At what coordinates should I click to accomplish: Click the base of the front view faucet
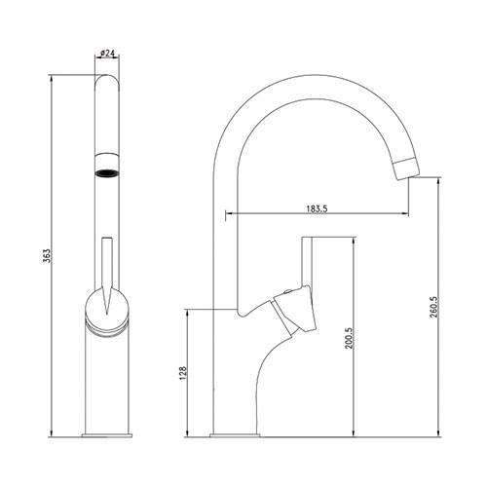(107, 431)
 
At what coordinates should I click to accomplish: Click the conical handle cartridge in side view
(293, 312)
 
